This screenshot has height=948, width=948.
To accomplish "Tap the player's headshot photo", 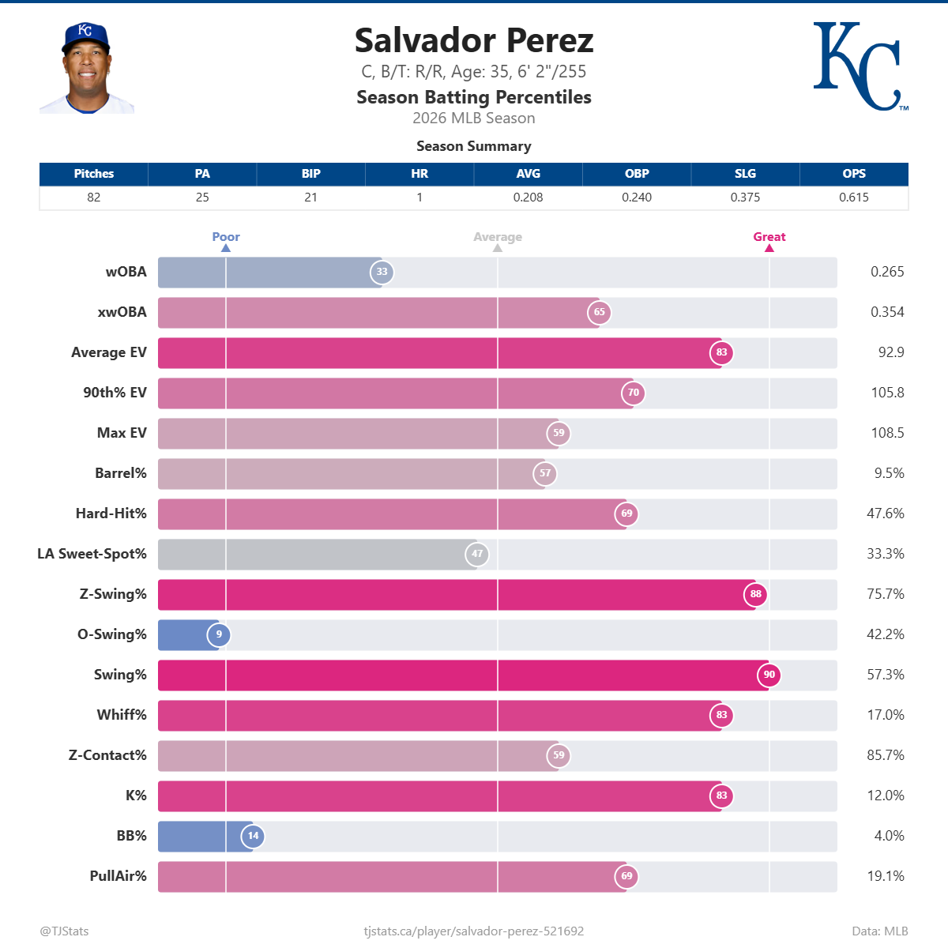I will tap(86, 69).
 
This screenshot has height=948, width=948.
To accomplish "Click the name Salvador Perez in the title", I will tap(473, 40).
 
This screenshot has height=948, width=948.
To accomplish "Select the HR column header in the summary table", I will tap(419, 174).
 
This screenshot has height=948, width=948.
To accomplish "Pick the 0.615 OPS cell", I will tap(853, 197).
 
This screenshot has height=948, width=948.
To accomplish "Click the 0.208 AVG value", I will tap(528, 197).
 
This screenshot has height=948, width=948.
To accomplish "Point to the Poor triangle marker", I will tap(226, 248).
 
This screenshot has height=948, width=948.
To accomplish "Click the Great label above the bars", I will tap(769, 237).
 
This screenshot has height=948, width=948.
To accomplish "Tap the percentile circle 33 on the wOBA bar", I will tap(382, 272).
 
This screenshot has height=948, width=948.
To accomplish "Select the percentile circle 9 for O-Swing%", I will tap(219, 634).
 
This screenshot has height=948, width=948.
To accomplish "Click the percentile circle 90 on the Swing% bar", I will tap(769, 675).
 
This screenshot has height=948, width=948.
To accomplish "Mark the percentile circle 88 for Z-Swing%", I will tap(756, 594).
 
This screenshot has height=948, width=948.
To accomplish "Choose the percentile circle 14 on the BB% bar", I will tap(253, 836).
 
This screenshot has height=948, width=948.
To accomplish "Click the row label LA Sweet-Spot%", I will tap(92, 554).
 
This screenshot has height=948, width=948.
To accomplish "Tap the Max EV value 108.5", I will tap(887, 433).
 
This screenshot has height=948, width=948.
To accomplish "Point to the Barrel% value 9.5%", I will tap(889, 473).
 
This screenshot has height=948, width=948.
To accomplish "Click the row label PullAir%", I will tap(118, 876).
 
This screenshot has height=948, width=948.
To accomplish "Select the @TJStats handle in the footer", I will tap(64, 931).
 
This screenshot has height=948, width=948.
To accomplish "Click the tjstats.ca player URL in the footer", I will tap(473, 931).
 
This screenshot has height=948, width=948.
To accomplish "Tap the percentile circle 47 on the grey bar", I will tap(477, 554).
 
